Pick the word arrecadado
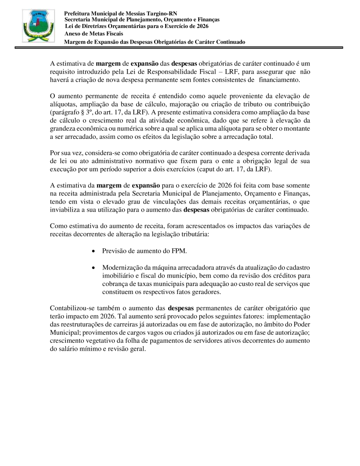click(86, 137)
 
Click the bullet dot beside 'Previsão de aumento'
click(93, 252)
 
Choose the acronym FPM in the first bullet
click(179, 251)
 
